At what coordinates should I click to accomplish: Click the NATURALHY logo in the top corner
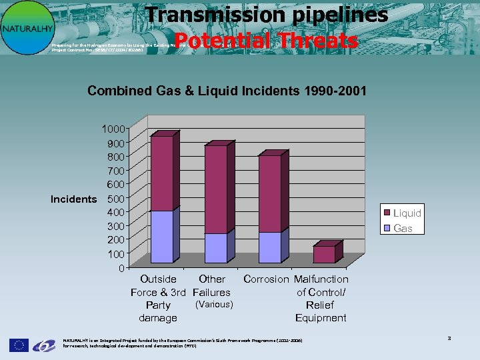coord(26,27)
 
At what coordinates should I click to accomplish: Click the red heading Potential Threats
coord(267,41)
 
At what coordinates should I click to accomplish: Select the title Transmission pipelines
coord(267,15)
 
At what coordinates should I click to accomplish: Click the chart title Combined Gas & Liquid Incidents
coord(227,91)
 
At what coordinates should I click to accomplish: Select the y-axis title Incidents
coord(73,199)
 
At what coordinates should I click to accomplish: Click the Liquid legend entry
coord(407,213)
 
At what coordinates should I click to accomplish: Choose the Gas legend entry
coord(403,228)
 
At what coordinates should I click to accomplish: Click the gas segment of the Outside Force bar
coord(162,237)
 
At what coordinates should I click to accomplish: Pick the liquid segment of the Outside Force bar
coord(162,173)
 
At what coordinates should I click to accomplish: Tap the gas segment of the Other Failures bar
coord(215,248)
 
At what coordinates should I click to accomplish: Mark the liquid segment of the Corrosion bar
coord(269,194)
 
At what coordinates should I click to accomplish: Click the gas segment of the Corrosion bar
coord(269,247)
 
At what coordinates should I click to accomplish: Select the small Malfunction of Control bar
coord(324,255)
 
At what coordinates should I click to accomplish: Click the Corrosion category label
coord(267,279)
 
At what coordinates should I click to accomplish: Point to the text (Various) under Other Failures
coord(213,305)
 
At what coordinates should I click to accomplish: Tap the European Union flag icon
coord(19,345)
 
